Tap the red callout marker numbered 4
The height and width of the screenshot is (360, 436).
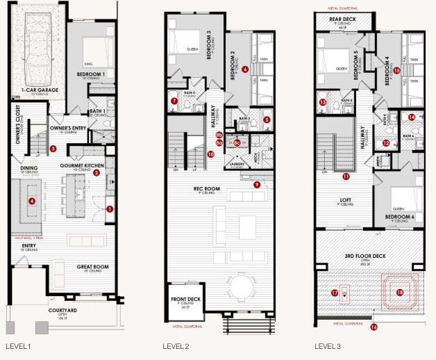tap(31, 202)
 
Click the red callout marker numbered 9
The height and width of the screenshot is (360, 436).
tap(256, 184)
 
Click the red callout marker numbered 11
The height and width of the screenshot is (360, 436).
tap(346, 177)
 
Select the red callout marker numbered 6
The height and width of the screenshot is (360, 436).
tap(245, 69)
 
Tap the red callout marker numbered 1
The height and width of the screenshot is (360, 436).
tap(109, 208)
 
